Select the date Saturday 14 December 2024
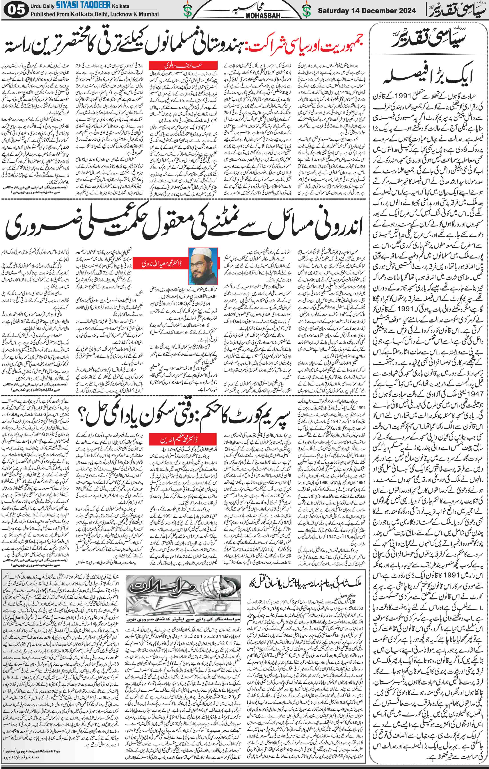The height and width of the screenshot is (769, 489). (x=367, y=10)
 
